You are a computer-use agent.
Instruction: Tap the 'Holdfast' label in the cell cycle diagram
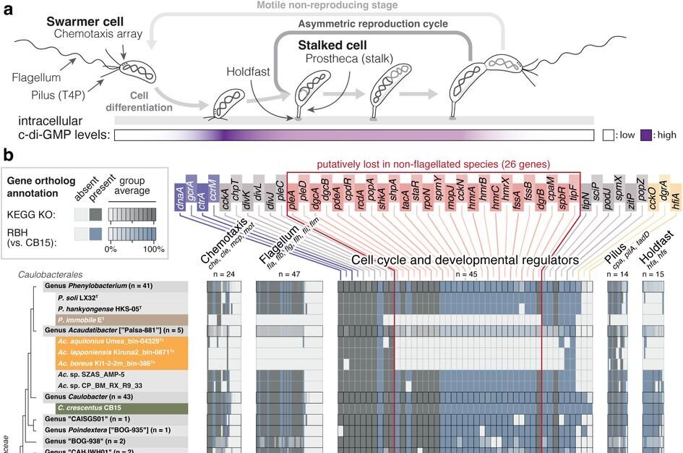click(x=246, y=72)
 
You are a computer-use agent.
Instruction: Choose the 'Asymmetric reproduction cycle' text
click(x=373, y=24)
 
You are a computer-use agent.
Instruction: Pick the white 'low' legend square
click(x=608, y=135)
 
